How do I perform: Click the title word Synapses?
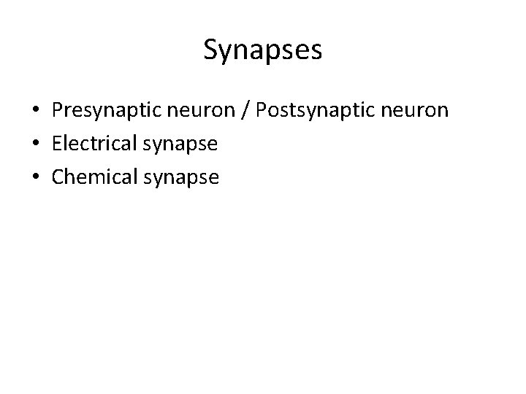(262, 51)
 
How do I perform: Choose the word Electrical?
(93, 144)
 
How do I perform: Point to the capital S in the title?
(211, 50)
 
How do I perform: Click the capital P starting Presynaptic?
(57, 110)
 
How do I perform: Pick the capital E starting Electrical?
(56, 143)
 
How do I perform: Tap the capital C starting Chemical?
(58, 177)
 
